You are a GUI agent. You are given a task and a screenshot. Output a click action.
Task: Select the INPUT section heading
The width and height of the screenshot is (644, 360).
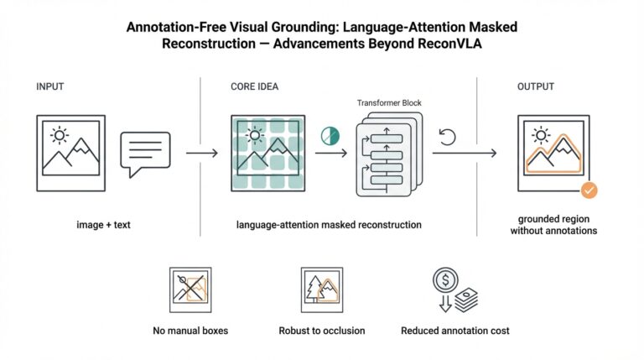[x=50, y=86]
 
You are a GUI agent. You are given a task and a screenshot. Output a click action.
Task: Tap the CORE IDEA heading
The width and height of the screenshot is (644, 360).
[x=255, y=86]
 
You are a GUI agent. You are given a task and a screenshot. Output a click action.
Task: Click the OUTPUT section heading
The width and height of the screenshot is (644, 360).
[x=542, y=86]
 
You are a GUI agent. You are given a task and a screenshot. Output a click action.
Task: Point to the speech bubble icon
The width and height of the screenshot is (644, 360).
[x=145, y=154]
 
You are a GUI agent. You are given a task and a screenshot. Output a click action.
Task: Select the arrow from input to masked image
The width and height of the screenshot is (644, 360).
[x=202, y=154]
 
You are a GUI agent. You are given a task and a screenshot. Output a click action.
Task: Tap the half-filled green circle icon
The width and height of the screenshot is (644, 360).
[x=329, y=133]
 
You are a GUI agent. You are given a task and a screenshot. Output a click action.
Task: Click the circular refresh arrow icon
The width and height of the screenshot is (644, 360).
[x=448, y=137]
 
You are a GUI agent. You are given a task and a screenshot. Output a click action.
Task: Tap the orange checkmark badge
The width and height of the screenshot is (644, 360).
[x=589, y=190]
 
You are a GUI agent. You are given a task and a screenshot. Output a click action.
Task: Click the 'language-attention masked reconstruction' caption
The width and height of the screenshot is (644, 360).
[x=329, y=225]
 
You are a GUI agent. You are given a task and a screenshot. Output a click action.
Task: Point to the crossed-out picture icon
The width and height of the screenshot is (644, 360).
[x=190, y=290]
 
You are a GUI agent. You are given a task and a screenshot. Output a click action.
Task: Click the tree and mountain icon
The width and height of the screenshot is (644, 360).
[x=321, y=290]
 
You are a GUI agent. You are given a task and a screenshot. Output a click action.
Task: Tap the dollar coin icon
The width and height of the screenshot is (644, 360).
[x=444, y=279]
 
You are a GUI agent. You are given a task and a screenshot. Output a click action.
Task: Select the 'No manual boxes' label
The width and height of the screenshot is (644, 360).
[x=190, y=331]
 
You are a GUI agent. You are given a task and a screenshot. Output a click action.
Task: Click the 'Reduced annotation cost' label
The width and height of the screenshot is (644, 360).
[x=454, y=331]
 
